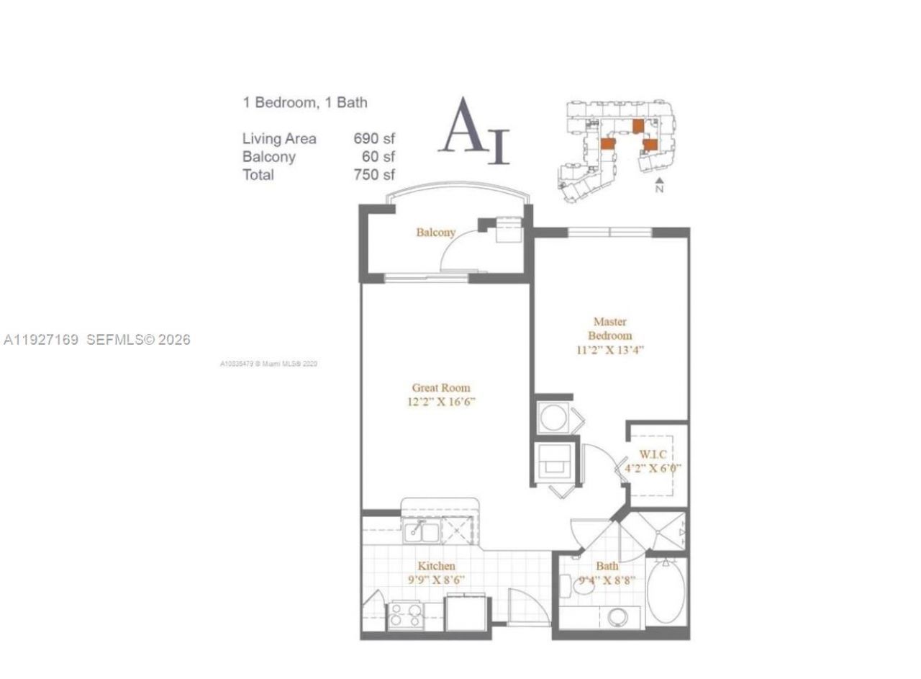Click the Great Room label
[x=441, y=388]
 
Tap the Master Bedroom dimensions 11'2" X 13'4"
[x=609, y=351]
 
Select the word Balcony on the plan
[x=435, y=232]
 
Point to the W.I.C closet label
[x=653, y=454]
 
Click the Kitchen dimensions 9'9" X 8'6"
[x=436, y=580]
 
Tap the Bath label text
[x=607, y=567]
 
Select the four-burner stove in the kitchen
[x=405, y=617]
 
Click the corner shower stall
[x=656, y=533]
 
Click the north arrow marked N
[x=659, y=185]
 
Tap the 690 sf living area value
[x=374, y=139]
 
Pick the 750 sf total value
[x=374, y=174]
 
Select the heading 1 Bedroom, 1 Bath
[x=305, y=103]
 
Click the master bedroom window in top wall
[x=609, y=233]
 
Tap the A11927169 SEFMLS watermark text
[x=97, y=340]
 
